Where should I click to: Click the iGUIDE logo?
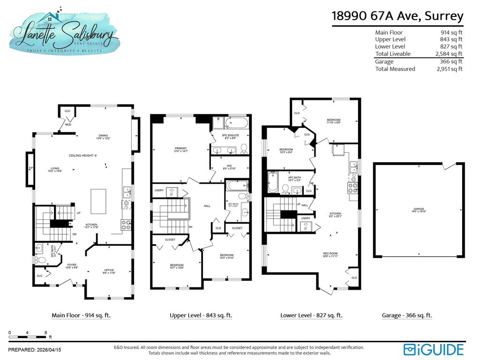pos(433,349)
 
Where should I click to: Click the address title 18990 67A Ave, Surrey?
pos(397,16)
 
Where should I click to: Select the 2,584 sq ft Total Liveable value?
pos(449,54)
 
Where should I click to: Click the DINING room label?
pos(103,135)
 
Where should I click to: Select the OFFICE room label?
pos(109,270)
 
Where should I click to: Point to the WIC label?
pos(229,166)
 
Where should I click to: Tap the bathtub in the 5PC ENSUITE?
pos(238,123)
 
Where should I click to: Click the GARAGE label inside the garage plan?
pos(419,209)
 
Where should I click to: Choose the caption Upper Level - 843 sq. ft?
pos(201,315)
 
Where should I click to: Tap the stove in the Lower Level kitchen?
pos(352,187)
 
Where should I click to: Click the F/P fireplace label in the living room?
pos(31,168)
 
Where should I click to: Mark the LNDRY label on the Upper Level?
pos(159,190)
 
